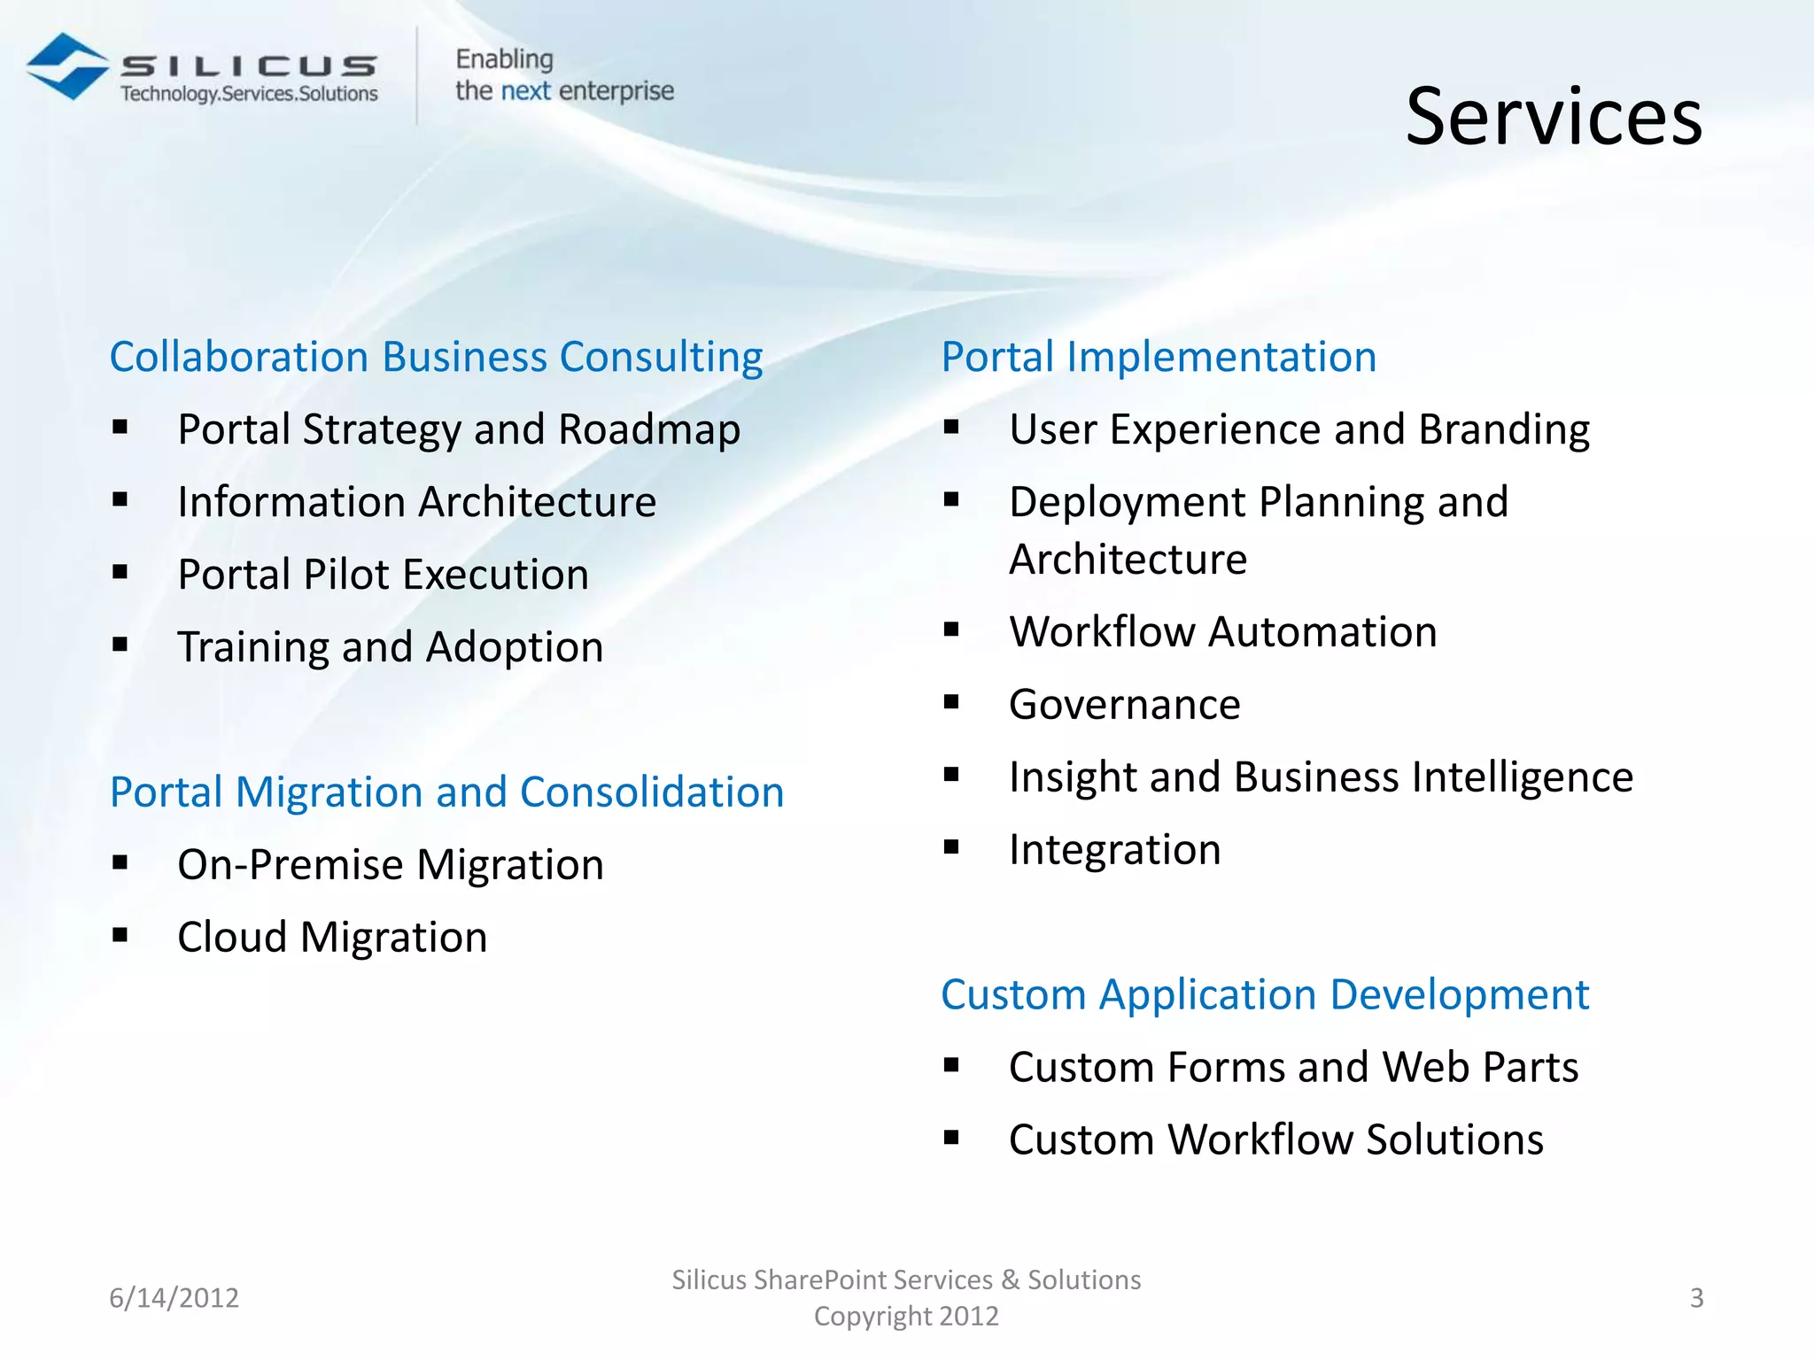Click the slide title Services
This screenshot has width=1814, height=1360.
[x=1554, y=117]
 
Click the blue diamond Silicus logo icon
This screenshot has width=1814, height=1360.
[x=67, y=67]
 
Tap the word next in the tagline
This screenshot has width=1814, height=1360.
[x=525, y=91]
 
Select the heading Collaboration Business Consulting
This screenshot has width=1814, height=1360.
[x=436, y=357]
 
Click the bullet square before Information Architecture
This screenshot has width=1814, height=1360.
[x=120, y=500]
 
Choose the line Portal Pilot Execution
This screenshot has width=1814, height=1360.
[x=383, y=575]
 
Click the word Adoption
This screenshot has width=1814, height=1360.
[x=515, y=647]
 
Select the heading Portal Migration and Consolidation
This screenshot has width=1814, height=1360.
[x=446, y=792]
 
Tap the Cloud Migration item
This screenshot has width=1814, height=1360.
[x=332, y=937]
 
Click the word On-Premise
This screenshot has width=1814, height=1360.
[x=291, y=864]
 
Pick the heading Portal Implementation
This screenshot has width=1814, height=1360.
[x=1159, y=357]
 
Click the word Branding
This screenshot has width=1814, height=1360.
[x=1504, y=429]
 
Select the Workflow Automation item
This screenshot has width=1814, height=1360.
[x=1222, y=632]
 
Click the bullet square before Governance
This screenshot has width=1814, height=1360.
[x=952, y=703]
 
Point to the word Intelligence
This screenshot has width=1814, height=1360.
[x=1522, y=777]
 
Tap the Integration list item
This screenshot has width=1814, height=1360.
[x=1114, y=850]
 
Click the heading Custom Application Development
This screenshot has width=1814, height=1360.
[x=1265, y=994]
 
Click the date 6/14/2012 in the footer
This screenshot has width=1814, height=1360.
[x=174, y=1298]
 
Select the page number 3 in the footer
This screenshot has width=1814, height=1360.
[x=1696, y=1298]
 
